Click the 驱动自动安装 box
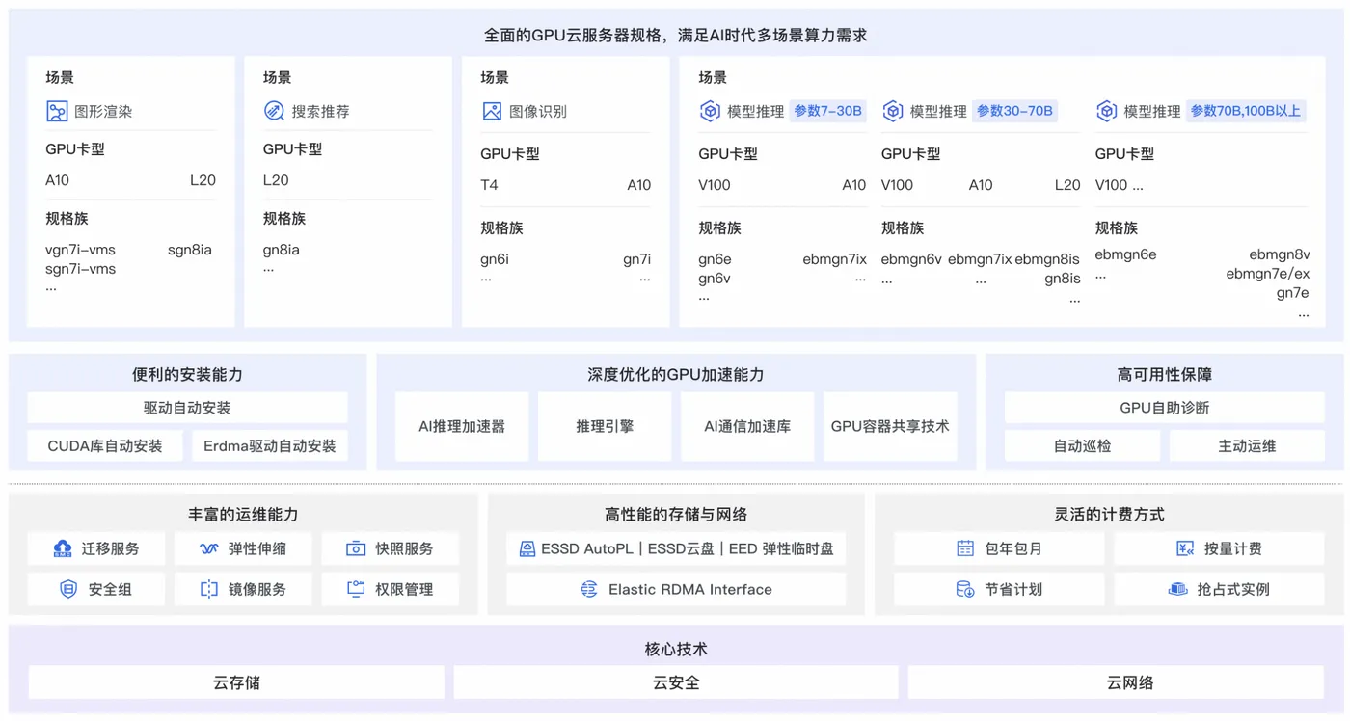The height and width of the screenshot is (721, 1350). (187, 408)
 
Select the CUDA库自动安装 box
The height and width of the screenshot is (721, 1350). (105, 446)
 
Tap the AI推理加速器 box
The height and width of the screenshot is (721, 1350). (462, 426)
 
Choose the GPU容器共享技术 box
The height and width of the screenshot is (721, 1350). (889, 426)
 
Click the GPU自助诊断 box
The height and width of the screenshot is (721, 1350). (1164, 408)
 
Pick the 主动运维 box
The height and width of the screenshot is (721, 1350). (1246, 446)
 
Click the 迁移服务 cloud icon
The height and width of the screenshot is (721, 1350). (63, 548)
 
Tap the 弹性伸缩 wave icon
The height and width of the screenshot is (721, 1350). (209, 548)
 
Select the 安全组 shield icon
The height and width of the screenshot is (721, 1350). (68, 589)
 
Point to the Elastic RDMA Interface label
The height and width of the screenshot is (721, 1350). (689, 589)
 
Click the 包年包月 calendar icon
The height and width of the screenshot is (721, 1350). (965, 548)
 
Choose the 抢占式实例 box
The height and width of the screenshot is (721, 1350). (1219, 589)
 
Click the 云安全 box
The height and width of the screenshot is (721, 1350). (675, 682)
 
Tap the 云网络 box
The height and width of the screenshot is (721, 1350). (1129, 682)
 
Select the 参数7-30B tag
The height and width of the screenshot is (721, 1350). (827, 111)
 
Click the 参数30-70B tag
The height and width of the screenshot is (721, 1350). (1014, 111)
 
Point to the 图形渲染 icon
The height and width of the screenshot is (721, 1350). (57, 111)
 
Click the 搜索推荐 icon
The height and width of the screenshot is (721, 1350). (274, 111)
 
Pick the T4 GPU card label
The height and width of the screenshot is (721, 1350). (489, 185)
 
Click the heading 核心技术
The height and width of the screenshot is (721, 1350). (675, 649)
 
